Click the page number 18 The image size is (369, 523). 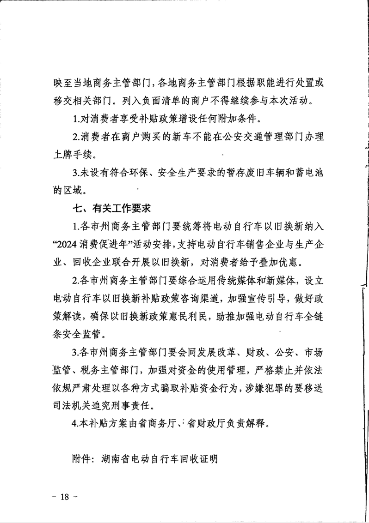coord(64,497)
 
